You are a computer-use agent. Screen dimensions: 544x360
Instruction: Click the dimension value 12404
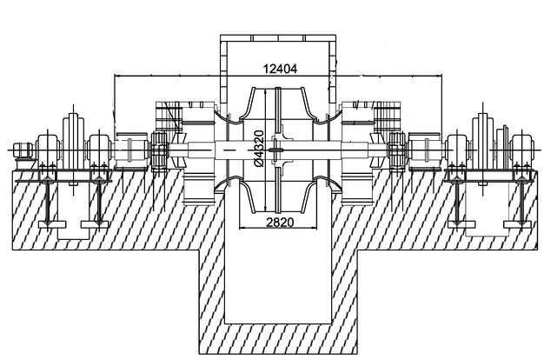281,69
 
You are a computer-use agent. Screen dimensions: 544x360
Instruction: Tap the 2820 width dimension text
280,223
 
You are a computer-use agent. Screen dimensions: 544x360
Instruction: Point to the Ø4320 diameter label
259,148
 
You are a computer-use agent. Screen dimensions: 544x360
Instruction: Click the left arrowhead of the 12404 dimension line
116,75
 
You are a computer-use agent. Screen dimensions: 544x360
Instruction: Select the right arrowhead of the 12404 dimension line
440,75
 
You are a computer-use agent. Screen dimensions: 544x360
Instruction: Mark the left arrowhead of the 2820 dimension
242,228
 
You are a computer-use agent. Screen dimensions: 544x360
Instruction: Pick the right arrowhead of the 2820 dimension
315,228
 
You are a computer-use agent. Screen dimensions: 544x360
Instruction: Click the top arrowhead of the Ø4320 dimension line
265,91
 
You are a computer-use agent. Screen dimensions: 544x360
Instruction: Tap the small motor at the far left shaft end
23,151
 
